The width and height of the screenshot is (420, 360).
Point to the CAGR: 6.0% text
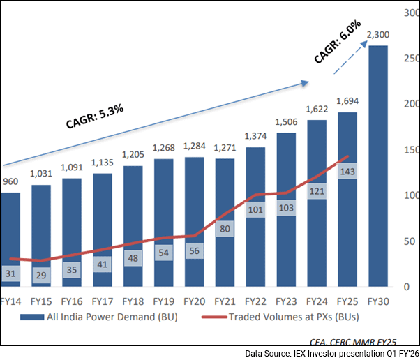[337, 42]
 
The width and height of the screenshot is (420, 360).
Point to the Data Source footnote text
[331, 354]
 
